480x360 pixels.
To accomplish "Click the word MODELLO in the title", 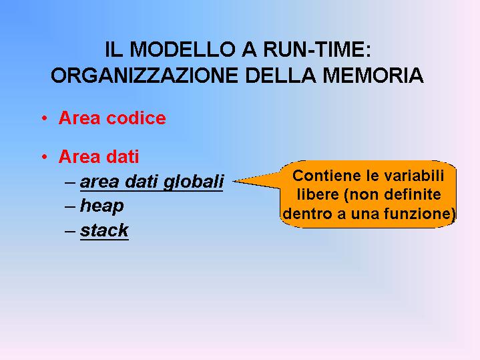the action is tap(182, 49).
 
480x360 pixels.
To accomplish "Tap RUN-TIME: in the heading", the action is tap(317, 49).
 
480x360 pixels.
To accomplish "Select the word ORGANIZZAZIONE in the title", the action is tap(144, 75).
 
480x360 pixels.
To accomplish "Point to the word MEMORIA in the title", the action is tap(373, 75).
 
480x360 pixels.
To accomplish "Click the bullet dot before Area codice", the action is tap(45, 118).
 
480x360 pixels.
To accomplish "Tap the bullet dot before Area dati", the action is tap(45, 157).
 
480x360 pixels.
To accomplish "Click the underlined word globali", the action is tap(193, 182).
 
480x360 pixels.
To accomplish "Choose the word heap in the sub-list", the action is tap(102, 206).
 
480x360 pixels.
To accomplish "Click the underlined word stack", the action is tap(104, 230).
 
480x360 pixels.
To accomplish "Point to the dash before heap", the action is tap(70, 206).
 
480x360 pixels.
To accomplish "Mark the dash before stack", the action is tap(70, 231).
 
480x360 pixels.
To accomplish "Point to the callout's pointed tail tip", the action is tap(234, 181).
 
